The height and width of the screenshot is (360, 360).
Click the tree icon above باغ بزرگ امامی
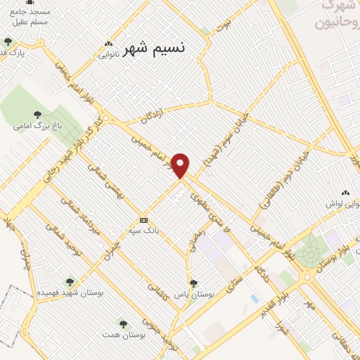(37, 115)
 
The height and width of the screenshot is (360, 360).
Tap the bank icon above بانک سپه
(143, 219)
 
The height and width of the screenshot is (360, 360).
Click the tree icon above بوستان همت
(123, 324)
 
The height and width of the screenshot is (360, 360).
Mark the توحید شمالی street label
(60, 239)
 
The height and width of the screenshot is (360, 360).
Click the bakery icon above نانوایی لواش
(345, 193)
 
